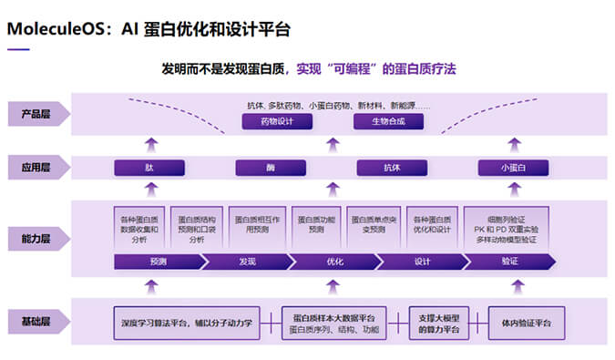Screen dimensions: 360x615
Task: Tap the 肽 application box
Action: tap(149, 168)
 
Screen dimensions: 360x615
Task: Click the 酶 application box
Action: tap(271, 168)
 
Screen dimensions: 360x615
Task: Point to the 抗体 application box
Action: tap(392, 168)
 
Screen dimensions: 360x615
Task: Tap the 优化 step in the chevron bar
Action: tap(333, 262)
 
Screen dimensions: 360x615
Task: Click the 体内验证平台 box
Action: tap(528, 322)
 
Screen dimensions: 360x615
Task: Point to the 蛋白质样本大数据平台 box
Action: tap(333, 322)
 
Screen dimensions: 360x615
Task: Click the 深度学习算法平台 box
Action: tap(186, 322)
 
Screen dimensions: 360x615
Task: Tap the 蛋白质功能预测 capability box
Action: tap(316, 225)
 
